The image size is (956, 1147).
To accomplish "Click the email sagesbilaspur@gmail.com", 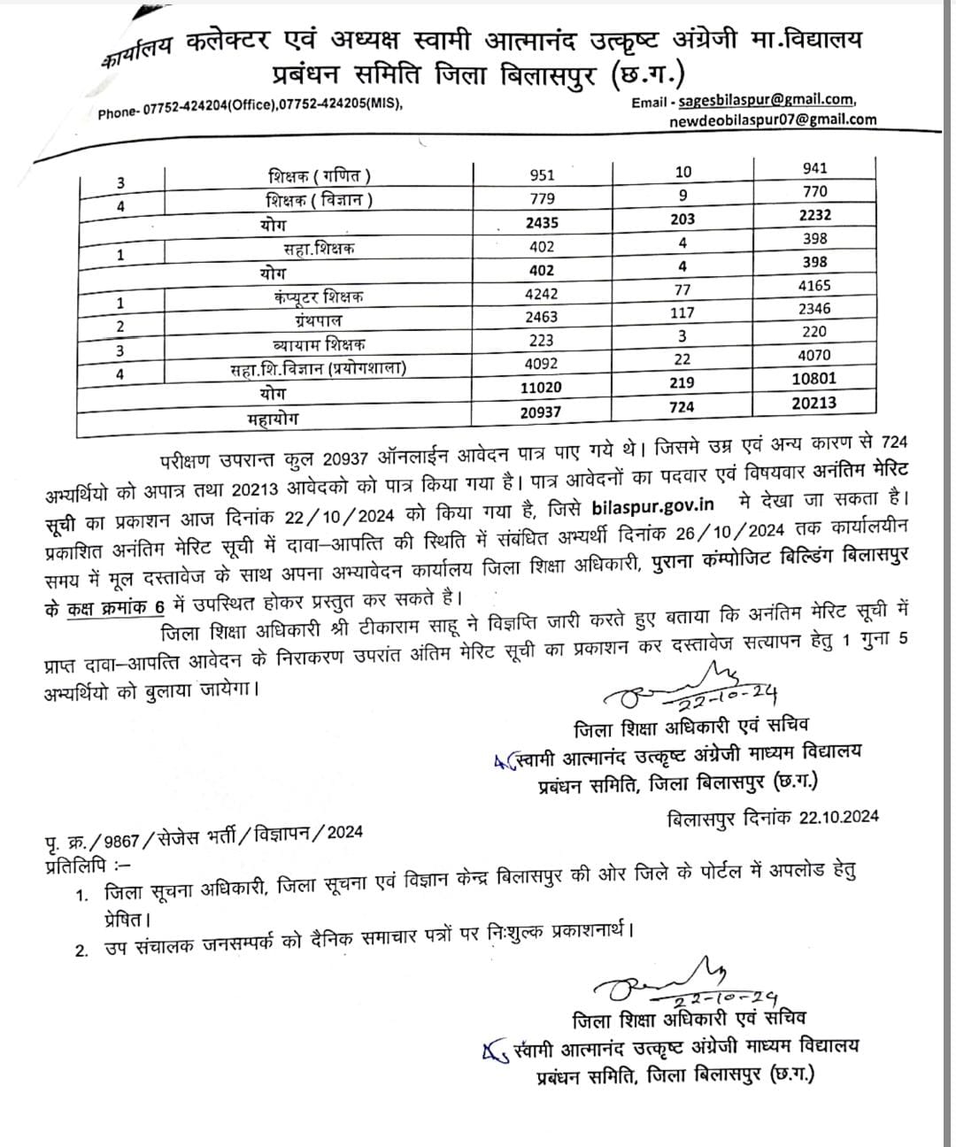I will (x=767, y=100).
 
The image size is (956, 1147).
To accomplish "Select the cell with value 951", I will (x=542, y=175).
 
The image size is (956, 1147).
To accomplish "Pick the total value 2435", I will (x=541, y=223).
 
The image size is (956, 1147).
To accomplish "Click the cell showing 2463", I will (x=541, y=317).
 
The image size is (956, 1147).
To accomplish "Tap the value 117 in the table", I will (x=682, y=312).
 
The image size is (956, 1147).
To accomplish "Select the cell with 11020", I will (x=541, y=388).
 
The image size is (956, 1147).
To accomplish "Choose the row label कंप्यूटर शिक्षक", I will (x=319, y=296).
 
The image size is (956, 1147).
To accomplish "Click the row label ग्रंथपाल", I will (x=319, y=320).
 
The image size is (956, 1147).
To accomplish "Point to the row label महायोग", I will (x=274, y=415).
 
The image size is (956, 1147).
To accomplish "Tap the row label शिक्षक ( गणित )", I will (x=320, y=176).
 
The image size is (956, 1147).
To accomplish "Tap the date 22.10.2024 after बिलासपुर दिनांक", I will (x=836, y=818).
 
